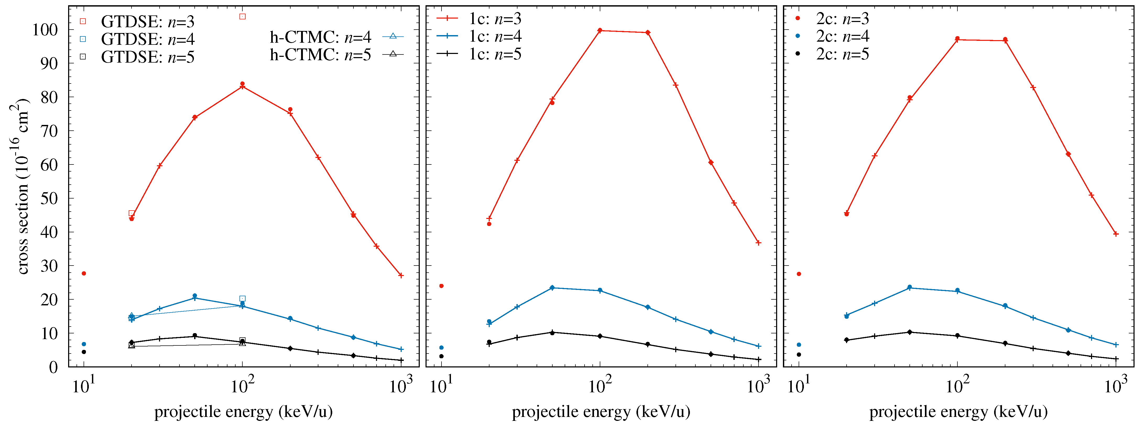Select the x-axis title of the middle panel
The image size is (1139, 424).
601,412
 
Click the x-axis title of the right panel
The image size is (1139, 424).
958,412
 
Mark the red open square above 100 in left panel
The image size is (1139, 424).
242,16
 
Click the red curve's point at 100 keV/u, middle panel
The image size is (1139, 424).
600,30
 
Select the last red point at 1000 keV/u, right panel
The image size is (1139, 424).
1116,234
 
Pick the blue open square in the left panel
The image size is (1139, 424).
242,299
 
